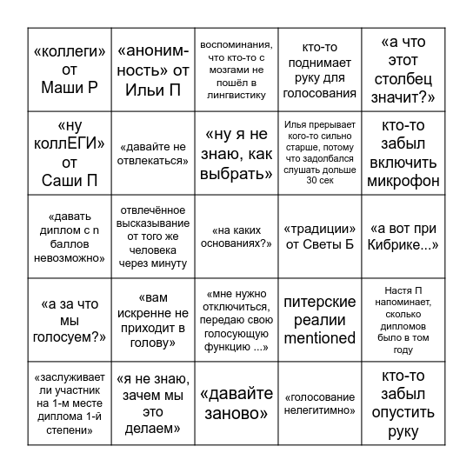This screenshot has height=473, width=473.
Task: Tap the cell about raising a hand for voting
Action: pyautogui.click(x=320, y=70)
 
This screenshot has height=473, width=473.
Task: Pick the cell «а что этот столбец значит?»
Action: pyautogui.click(x=403, y=70)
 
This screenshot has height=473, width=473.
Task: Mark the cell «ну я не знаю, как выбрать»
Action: pyautogui.click(x=235, y=153)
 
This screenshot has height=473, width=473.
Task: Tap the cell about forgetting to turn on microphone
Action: pyautogui.click(x=403, y=153)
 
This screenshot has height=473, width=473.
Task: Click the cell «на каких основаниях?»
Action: pyautogui.click(x=235, y=237)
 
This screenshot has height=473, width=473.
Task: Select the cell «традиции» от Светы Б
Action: pyautogui.click(x=320, y=237)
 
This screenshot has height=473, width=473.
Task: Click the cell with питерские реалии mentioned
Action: pyautogui.click(x=320, y=320)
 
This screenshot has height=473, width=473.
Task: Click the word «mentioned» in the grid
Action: pyautogui.click(x=320, y=338)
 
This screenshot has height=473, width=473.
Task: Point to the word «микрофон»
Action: pyautogui.click(x=403, y=181)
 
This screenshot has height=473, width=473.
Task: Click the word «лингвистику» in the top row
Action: pyautogui.click(x=235, y=95)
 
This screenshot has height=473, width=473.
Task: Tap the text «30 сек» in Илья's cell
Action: pyautogui.click(x=320, y=181)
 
